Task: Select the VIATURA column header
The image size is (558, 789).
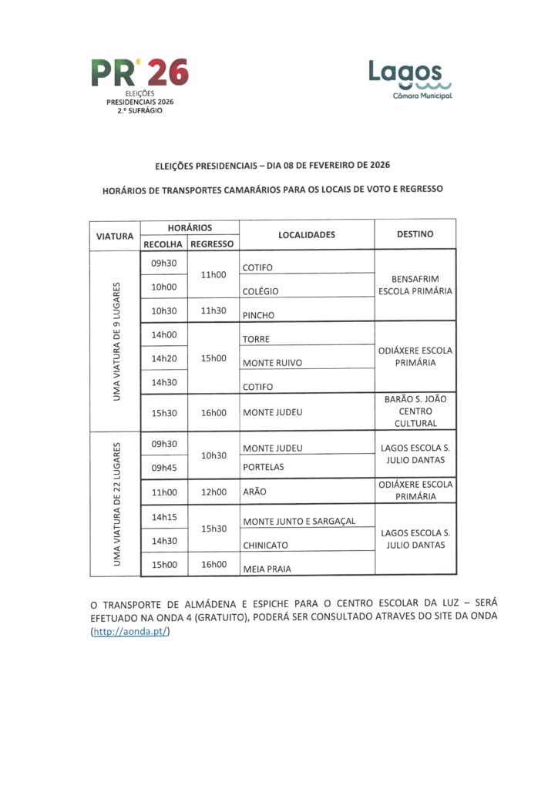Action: pyautogui.click(x=114, y=235)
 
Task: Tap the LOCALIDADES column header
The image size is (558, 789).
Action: pyautogui.click(x=307, y=234)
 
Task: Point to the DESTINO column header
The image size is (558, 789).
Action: pyautogui.click(x=415, y=234)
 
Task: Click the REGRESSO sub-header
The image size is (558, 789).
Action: pyautogui.click(x=212, y=243)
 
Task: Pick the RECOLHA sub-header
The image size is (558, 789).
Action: pyautogui.click(x=163, y=243)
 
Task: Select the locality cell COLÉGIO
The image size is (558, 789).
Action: pyautogui.click(x=261, y=292)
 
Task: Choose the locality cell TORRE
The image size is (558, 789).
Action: pyautogui.click(x=257, y=339)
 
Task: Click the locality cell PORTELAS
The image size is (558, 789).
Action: pyautogui.click(x=264, y=467)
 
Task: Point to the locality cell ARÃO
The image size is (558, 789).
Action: pyautogui.click(x=256, y=492)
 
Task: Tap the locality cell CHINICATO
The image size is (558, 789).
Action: pyautogui.click(x=266, y=546)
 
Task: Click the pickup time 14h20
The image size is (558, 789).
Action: pyautogui.click(x=164, y=358)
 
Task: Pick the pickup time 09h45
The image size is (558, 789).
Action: pyautogui.click(x=164, y=466)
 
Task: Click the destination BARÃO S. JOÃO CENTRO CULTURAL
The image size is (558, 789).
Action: pyautogui.click(x=415, y=411)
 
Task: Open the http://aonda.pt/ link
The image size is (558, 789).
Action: pyautogui.click(x=129, y=632)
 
